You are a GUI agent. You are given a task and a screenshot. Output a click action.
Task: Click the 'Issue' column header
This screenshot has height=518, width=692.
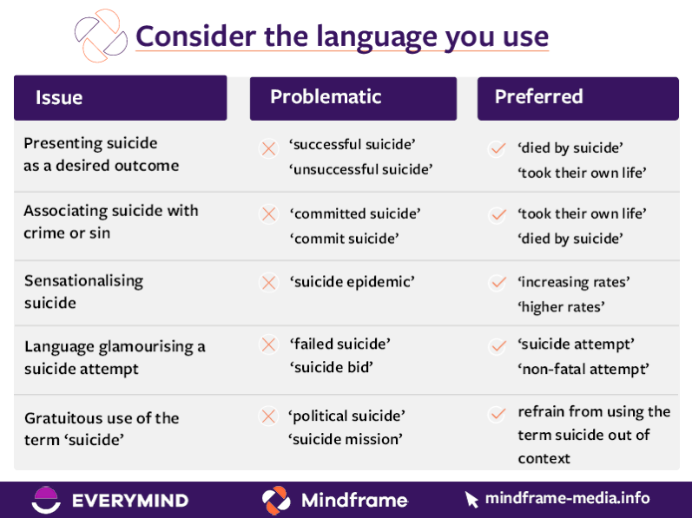coord(59,98)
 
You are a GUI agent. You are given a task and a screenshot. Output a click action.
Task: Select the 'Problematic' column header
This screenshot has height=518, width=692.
coord(325,97)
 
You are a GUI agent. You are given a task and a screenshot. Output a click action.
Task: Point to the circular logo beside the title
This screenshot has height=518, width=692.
coord(101,35)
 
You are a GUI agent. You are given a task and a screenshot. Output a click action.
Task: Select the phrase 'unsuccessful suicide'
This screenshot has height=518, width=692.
coord(360,169)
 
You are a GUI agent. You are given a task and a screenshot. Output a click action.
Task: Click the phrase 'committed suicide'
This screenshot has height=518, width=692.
coord(354,213)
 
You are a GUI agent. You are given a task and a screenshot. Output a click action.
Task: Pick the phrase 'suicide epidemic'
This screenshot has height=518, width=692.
coord(352,282)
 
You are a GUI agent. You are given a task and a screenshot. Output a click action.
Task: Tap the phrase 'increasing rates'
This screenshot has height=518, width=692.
coord(573,283)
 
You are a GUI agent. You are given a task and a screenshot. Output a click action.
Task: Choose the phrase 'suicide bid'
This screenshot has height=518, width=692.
coord(331,366)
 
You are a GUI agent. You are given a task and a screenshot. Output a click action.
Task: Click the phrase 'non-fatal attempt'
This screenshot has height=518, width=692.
coord(584,369)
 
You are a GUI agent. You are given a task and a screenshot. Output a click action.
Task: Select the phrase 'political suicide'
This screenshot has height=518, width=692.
coord(347,416)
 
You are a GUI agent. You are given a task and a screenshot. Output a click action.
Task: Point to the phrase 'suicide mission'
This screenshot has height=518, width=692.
coord(346,439)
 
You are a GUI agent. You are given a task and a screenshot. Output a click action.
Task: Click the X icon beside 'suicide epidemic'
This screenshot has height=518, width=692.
coord(268,283)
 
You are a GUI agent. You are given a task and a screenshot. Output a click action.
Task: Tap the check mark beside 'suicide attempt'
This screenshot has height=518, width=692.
coord(497,346)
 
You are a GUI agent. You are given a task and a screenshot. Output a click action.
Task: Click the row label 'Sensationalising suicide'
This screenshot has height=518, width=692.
coord(83,292)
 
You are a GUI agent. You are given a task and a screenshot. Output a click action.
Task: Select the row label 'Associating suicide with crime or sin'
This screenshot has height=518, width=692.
coord(110,221)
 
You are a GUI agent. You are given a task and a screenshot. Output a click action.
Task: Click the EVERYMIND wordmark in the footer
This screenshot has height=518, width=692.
coord(129,501)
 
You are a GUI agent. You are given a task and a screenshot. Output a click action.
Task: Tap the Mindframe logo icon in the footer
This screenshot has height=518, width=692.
coord(276,500)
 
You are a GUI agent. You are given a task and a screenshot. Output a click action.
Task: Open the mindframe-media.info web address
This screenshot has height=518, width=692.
coord(566,499)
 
